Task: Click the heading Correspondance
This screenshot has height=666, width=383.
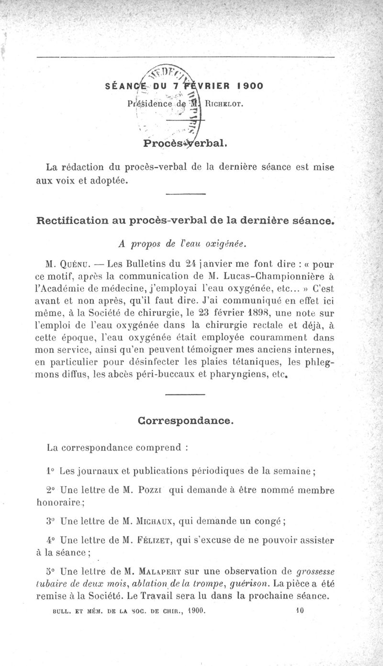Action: [186, 421]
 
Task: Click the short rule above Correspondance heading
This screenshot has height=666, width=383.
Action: [185, 394]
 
